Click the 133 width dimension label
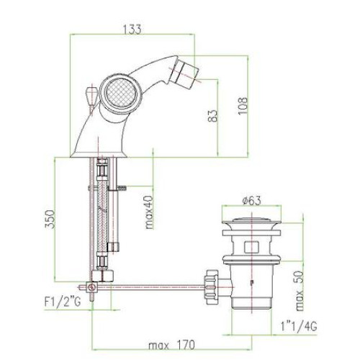(132, 29)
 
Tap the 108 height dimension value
(243, 106)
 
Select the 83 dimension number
(212, 116)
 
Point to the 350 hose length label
(50, 219)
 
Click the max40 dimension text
(149, 212)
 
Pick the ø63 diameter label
(251, 200)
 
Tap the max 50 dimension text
(300, 291)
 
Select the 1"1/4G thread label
(299, 326)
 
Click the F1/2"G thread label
(63, 302)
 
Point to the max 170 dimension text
(171, 346)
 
